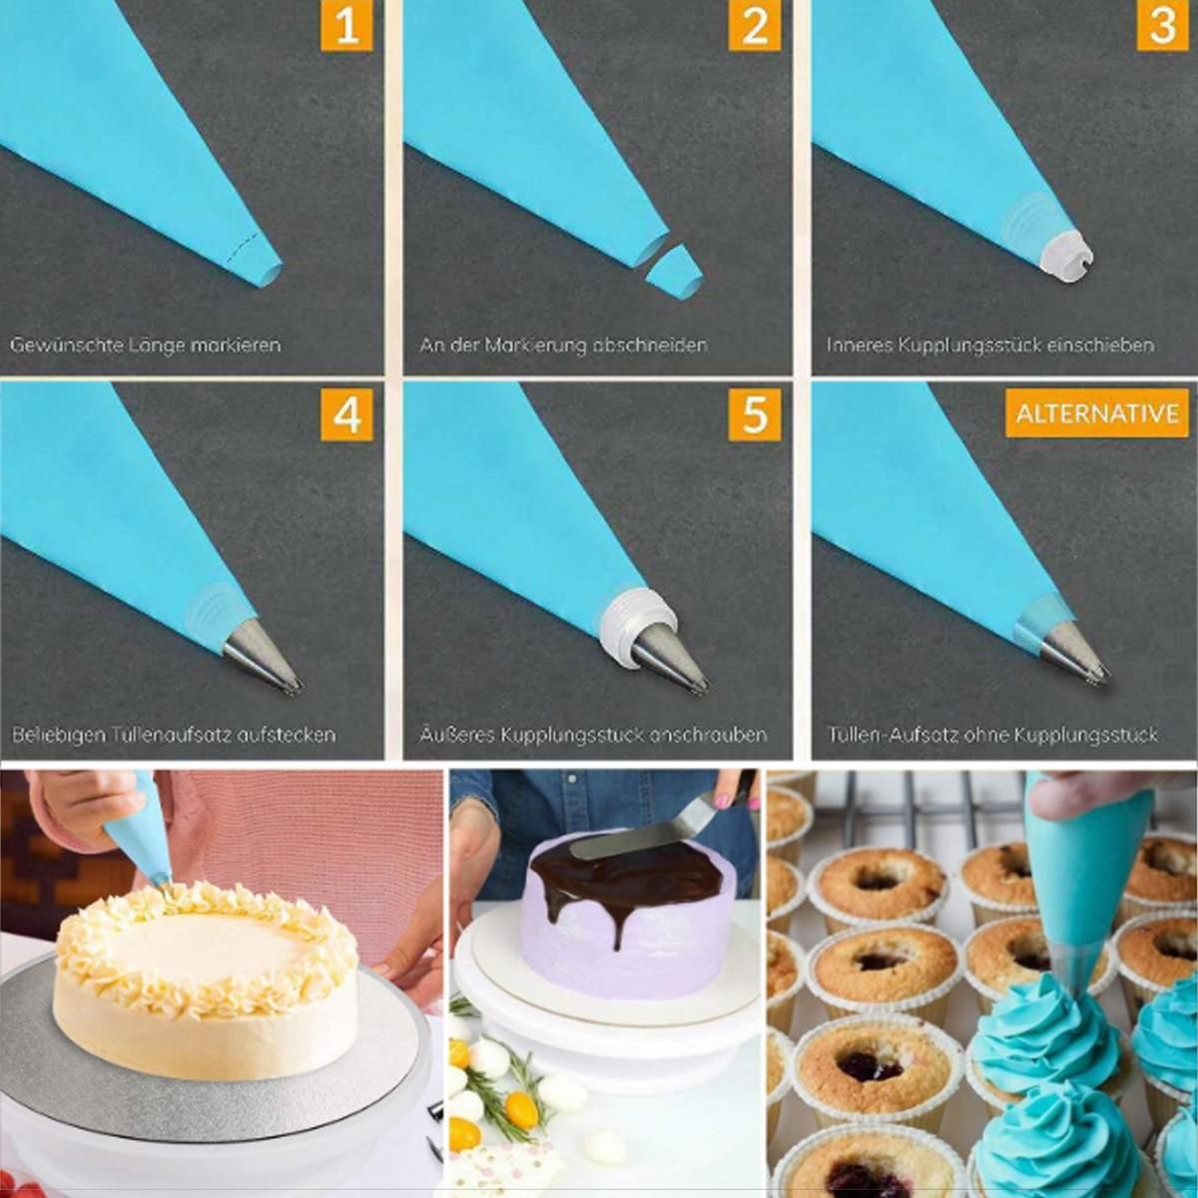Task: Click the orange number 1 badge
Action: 346,25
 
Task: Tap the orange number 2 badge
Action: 755,25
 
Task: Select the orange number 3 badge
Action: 1163,25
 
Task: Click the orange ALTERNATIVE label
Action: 1097,413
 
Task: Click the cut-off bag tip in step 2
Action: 675,272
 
